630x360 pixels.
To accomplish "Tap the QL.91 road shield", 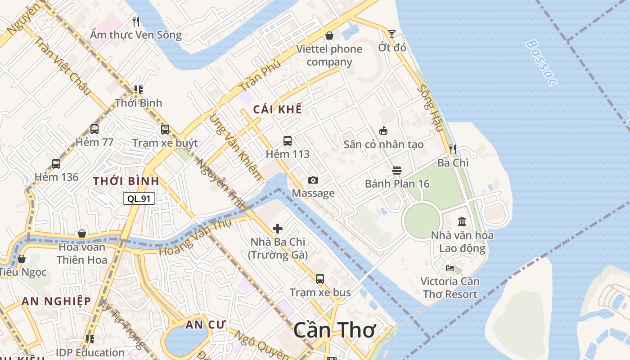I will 139,198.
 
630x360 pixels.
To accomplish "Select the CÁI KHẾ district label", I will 277,109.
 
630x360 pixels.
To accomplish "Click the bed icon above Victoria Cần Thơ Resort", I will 450,268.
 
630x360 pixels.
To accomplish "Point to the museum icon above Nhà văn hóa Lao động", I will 462,221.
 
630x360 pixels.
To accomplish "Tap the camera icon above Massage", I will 313,180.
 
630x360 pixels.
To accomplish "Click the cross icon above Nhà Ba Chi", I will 278,229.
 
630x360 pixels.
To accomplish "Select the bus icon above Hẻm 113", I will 288,141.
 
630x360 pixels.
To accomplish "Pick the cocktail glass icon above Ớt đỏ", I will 392,34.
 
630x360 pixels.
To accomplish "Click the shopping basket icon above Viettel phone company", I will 329,36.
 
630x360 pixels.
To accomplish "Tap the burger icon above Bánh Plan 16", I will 396,171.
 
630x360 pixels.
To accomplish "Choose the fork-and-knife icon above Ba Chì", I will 453,149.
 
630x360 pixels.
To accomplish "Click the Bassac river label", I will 541,63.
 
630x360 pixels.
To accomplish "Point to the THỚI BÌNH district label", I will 126,181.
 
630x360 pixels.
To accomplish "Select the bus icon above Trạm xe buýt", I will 165,130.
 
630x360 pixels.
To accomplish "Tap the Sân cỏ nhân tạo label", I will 383,144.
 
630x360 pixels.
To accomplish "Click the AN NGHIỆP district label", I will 56,301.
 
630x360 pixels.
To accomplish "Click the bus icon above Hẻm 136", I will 56,164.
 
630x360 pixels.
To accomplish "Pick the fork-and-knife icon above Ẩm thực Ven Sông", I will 136,21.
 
